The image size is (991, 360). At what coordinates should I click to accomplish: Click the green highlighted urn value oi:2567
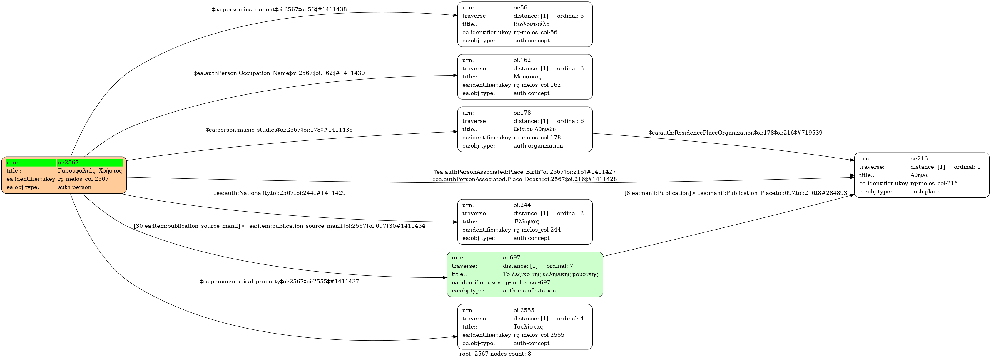(90, 162)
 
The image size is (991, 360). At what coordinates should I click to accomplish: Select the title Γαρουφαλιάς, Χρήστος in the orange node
(90, 171)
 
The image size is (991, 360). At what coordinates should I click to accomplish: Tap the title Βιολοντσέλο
(531, 24)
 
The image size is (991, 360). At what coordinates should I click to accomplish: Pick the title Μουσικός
(527, 76)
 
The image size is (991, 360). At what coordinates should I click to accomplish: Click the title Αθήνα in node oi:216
(919, 175)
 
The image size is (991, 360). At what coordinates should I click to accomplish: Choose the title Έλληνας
(526, 222)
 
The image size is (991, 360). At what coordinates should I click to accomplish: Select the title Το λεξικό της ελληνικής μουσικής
(550, 274)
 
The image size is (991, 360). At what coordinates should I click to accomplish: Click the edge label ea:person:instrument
(279, 9)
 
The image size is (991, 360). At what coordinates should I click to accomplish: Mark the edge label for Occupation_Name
(279, 73)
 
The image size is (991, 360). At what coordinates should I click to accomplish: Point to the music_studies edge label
(279, 130)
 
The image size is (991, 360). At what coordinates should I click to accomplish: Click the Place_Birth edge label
(524, 172)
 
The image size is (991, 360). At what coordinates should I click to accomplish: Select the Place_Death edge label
(524, 179)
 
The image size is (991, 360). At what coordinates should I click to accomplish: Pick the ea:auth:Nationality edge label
(279, 193)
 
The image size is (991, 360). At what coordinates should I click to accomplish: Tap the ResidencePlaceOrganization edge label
(735, 133)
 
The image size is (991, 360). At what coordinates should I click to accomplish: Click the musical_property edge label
(279, 282)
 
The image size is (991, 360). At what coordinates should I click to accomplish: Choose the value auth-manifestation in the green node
(529, 291)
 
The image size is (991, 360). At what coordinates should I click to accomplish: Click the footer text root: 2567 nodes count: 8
(495, 354)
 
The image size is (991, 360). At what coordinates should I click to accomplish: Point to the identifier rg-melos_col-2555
(539, 335)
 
